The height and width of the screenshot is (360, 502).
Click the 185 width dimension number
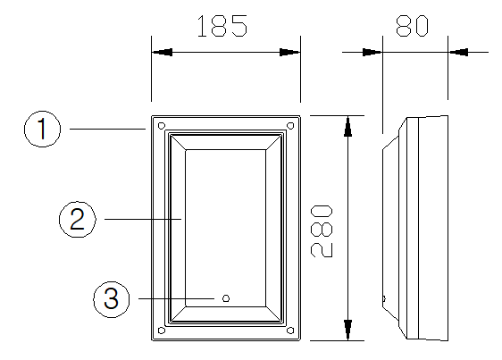tap(222, 26)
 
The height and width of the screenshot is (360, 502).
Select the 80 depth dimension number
tap(412, 26)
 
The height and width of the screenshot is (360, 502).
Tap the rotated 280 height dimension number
tap(322, 231)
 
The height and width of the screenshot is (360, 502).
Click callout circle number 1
tap(42, 129)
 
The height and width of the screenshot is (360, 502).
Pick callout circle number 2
tap(78, 220)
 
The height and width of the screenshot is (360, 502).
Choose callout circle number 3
tap(112, 299)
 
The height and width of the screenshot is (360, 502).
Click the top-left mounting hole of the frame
tap(162, 125)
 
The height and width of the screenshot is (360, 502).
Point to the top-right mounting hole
tap(290, 125)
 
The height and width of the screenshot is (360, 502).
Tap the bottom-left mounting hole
tap(162, 331)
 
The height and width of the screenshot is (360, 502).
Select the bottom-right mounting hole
tap(290, 331)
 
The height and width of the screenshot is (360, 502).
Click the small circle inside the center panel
tap(226, 298)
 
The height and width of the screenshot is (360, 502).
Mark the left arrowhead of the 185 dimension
tap(162, 52)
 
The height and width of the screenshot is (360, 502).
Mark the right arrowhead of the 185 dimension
tap(289, 52)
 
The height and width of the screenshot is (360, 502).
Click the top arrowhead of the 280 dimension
tap(348, 126)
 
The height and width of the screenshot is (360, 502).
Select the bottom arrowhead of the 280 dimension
tap(348, 330)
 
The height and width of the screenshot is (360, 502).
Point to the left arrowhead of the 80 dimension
tap(372, 52)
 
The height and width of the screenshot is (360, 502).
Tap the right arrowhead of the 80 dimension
tap(458, 52)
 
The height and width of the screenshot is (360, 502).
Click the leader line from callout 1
tap(107, 129)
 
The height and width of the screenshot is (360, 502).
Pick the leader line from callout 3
tap(176, 299)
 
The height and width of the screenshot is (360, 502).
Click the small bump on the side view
tap(384, 299)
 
